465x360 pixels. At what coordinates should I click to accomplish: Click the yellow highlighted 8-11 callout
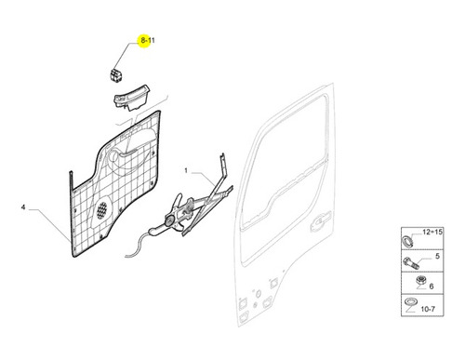[x=147, y=40]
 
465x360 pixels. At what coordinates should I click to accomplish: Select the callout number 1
[x=186, y=170]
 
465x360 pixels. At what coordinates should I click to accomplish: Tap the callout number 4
[x=23, y=207]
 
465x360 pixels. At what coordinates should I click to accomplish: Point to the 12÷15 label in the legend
[x=432, y=232]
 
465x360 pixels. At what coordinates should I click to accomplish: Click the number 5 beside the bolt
[x=437, y=256]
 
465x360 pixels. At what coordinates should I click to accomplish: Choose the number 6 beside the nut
[x=432, y=287]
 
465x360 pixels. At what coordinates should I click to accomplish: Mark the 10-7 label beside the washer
[x=428, y=309]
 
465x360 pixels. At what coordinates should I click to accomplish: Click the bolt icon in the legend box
[x=411, y=263]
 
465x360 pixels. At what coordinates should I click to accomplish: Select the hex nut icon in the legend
[x=420, y=281]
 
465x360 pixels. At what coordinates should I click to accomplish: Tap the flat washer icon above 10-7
[x=410, y=301]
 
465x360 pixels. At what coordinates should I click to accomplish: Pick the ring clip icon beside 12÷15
[x=406, y=241]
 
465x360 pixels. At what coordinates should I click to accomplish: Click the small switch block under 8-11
[x=115, y=74]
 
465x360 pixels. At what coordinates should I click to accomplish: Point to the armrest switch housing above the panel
[x=131, y=98]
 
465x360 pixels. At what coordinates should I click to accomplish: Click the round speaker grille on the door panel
[x=101, y=210]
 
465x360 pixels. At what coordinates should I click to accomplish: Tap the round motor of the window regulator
[x=170, y=220]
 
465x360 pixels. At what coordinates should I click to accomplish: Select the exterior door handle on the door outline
[x=321, y=221]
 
